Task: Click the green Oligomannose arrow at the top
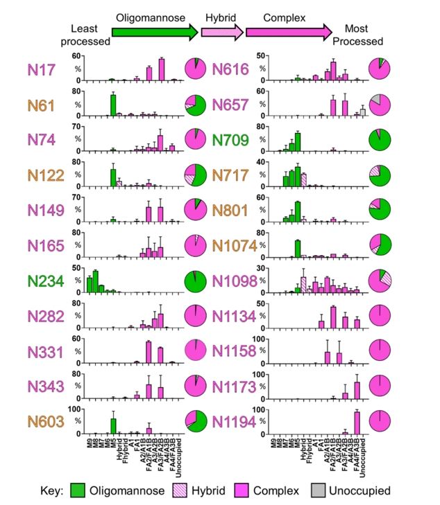[x=155, y=32]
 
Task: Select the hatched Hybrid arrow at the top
[x=221, y=32]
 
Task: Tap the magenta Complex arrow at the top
[x=287, y=32]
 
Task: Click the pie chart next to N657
[x=381, y=105]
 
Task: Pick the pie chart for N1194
[x=381, y=422]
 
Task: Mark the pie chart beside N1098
[x=381, y=281]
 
